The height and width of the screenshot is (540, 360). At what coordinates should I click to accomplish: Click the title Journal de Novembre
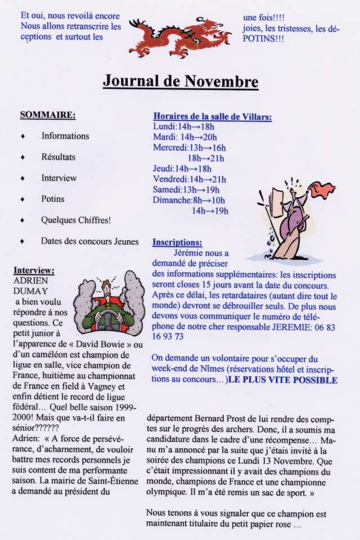tap(180, 82)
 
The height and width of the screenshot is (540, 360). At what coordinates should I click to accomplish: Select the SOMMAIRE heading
tap(48, 115)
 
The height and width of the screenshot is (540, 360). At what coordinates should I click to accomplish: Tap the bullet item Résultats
tap(58, 157)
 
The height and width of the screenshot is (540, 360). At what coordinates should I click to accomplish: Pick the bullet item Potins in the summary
tap(53, 199)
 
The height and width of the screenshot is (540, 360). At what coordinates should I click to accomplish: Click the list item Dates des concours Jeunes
tap(89, 241)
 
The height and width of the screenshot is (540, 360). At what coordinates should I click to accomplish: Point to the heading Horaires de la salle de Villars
tap(213, 117)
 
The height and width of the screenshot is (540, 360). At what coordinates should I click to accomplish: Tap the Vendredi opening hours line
tap(189, 179)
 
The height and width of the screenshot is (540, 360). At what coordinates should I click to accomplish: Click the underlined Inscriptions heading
tap(177, 243)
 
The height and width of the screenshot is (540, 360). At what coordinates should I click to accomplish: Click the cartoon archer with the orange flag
tap(292, 219)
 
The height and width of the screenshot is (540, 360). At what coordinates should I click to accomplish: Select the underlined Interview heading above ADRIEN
tap(34, 270)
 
